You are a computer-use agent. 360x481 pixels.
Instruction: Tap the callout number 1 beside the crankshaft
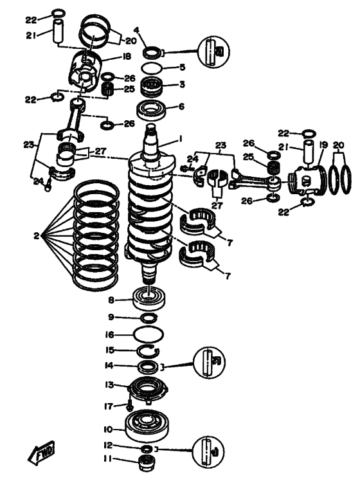pos(181,140)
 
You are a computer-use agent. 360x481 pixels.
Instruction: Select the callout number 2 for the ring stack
pos(37,236)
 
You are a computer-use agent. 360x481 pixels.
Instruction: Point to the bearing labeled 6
pos(152,110)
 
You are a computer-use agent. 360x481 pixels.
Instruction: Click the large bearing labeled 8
pos(148,298)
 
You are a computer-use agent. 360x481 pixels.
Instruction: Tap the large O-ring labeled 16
pos(148,334)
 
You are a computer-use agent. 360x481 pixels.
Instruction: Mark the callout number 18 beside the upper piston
pos(127,57)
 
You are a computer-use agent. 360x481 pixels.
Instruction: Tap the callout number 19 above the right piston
pos(323,145)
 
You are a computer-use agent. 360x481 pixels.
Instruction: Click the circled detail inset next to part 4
pos(213,51)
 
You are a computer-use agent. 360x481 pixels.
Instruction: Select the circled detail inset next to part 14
pos(209,363)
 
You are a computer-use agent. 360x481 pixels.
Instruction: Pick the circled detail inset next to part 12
pos(208,451)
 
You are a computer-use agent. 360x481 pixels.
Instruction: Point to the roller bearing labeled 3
pos(151,86)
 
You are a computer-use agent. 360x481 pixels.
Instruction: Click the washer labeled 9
pos(148,318)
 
